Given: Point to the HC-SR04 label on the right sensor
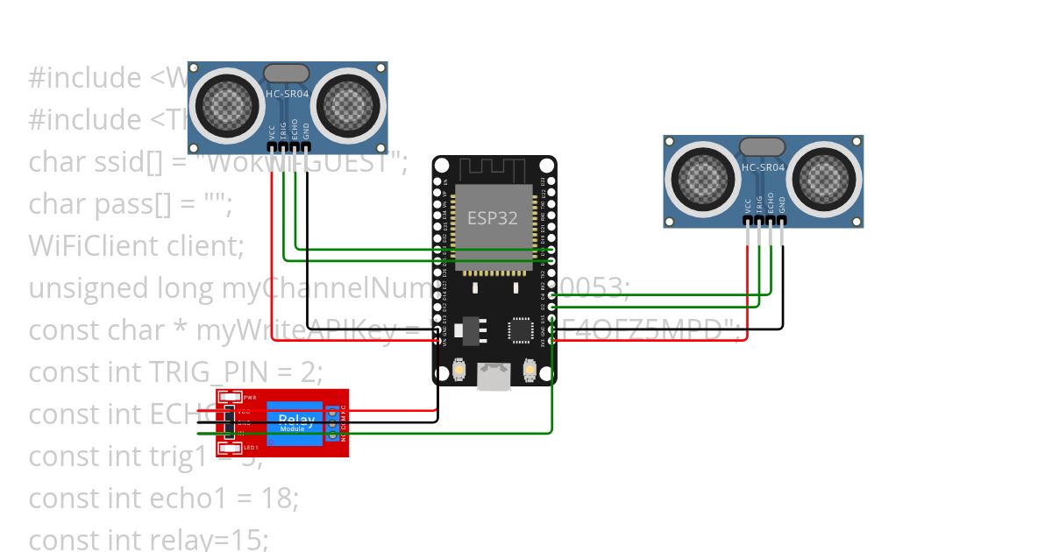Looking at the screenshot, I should [x=763, y=166].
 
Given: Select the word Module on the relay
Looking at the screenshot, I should [x=292, y=429].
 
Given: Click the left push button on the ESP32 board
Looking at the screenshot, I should [x=458, y=372].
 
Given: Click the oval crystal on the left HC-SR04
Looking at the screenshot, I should [x=287, y=74].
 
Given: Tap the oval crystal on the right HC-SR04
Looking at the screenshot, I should [x=762, y=147].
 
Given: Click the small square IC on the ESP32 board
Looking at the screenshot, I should [x=518, y=329].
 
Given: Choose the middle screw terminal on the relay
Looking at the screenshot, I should [x=333, y=422].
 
